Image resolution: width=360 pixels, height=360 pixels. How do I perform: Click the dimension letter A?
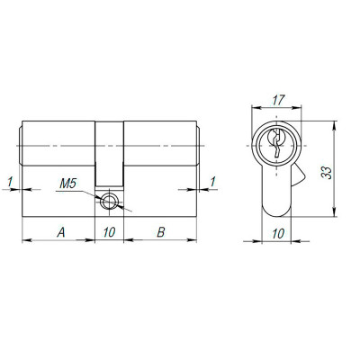pos(60,232)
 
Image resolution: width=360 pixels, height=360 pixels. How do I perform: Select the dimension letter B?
pos(159,232)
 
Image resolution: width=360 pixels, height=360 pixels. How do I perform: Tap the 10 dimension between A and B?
pos(110,232)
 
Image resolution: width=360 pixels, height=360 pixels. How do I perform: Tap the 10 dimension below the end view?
pos(278,232)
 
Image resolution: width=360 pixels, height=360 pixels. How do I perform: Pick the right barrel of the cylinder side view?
pos(160,144)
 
